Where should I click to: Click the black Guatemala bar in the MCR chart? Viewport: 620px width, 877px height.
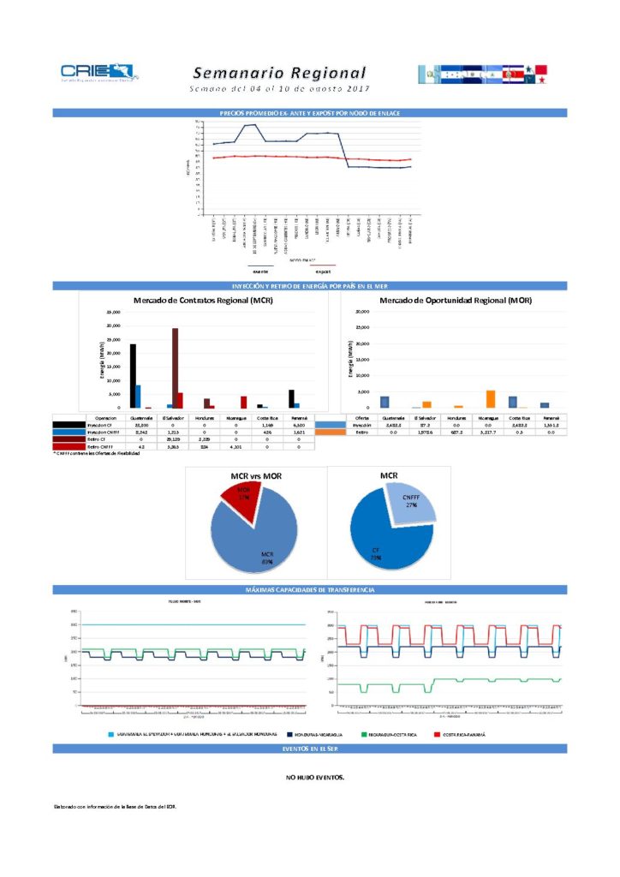click(133, 375)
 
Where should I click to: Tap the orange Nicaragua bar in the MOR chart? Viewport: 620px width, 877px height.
click(491, 398)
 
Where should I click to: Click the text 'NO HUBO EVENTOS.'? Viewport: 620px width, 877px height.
click(314, 778)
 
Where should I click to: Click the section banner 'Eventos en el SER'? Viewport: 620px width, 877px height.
click(309, 749)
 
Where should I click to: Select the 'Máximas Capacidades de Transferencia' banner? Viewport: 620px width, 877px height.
click(309, 590)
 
